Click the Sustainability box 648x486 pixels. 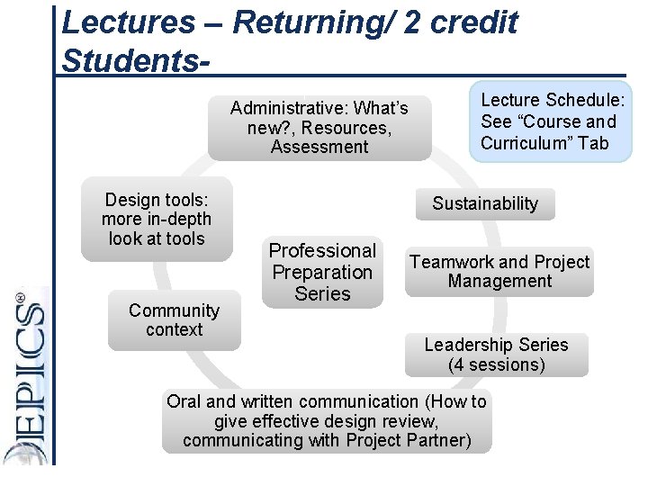484,203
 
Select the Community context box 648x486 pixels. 174,320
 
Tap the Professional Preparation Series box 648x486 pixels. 322,272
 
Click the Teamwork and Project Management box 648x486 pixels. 499,272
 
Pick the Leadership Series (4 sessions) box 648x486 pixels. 496,355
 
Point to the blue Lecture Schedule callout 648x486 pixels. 553,121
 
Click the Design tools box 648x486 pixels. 157,220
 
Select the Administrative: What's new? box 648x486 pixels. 319,128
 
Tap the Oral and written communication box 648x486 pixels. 326,421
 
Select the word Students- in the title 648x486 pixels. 137,62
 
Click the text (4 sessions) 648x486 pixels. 496,364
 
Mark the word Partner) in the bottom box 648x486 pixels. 435,440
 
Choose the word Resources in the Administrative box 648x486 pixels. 345,128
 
